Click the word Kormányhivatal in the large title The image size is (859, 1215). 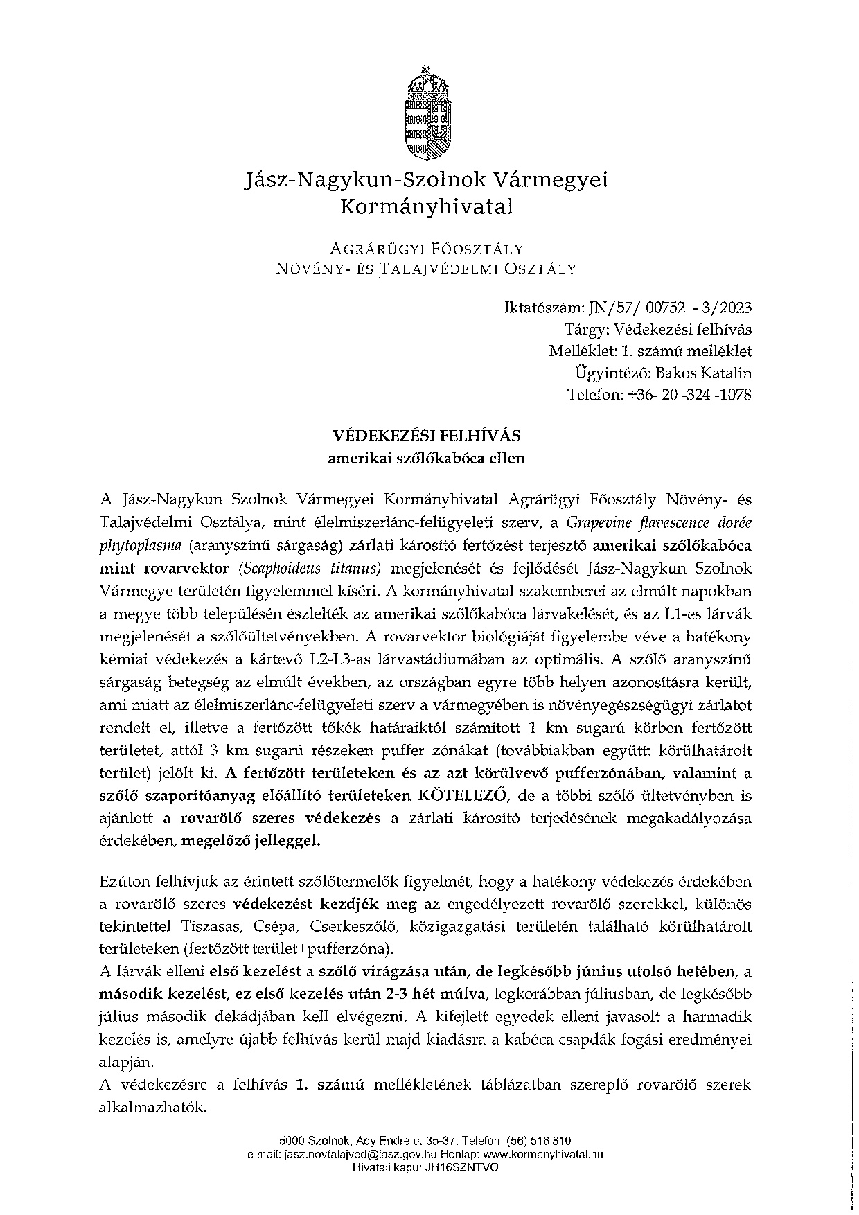(427, 206)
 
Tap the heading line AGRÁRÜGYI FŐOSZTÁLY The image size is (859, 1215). (427, 249)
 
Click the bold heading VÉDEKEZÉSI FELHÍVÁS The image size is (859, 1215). (427, 436)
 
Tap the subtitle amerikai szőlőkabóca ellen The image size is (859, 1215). (427, 458)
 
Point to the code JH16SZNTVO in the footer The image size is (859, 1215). (461, 1167)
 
